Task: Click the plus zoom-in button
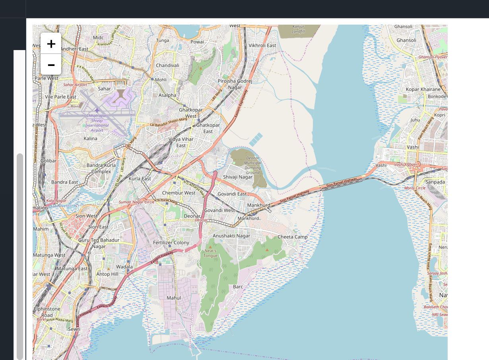(51, 43)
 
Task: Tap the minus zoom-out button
(51, 64)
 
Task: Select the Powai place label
(197, 42)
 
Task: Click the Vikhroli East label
(262, 46)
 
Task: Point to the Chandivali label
(167, 65)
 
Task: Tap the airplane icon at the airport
(97, 110)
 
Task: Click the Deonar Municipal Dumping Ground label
(253, 165)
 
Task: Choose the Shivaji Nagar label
(238, 177)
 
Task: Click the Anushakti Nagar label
(231, 236)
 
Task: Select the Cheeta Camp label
(292, 237)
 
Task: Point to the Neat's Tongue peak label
(210, 253)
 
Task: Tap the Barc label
(238, 286)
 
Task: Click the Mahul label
(174, 298)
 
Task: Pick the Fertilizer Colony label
(171, 242)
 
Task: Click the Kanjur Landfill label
(298, 29)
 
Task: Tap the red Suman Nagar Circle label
(137, 202)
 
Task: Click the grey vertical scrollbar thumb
(19, 254)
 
